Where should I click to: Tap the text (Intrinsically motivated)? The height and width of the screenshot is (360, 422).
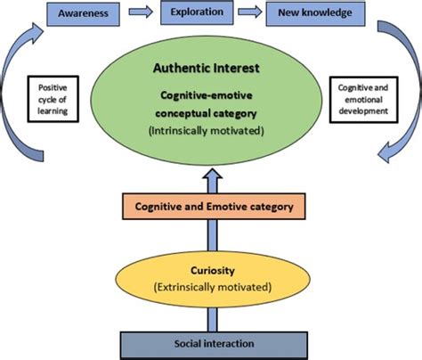pos(211,130)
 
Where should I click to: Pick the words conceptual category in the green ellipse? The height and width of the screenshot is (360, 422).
pos(211,113)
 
